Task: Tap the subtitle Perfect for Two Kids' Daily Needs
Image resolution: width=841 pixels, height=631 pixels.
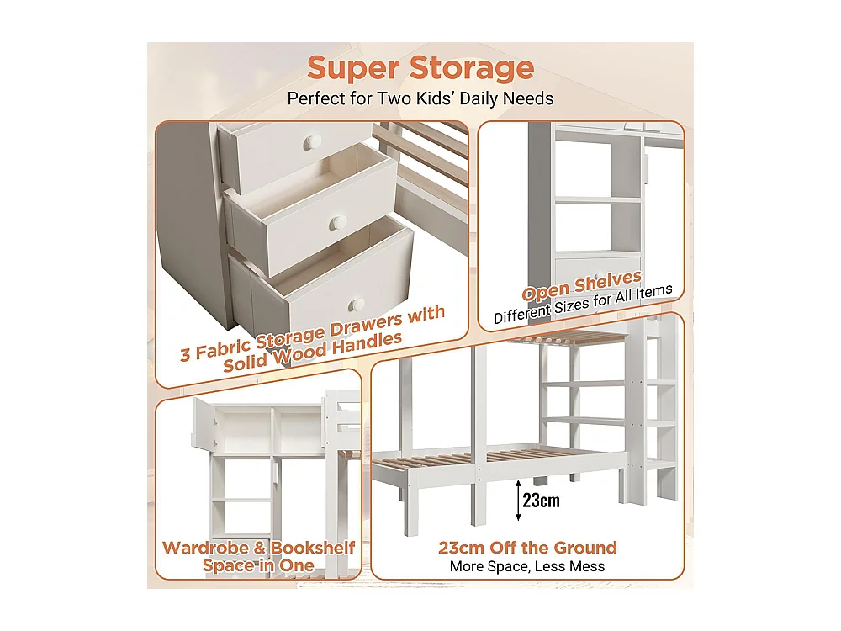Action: [x=420, y=98]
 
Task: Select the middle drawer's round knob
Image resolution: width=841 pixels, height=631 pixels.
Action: [x=338, y=223]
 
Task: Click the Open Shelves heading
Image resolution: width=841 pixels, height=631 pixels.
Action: [x=582, y=287]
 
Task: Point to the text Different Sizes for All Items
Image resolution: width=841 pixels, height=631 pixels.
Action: [x=583, y=305]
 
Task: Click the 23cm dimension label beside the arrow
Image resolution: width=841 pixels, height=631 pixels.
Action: [x=540, y=501]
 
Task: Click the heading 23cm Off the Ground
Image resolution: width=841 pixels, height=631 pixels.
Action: [x=527, y=548]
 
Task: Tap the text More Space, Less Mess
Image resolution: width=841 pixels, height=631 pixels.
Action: [x=527, y=567]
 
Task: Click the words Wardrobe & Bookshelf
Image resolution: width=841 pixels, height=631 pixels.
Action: [x=259, y=548]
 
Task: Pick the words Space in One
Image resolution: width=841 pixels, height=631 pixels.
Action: [x=259, y=565]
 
